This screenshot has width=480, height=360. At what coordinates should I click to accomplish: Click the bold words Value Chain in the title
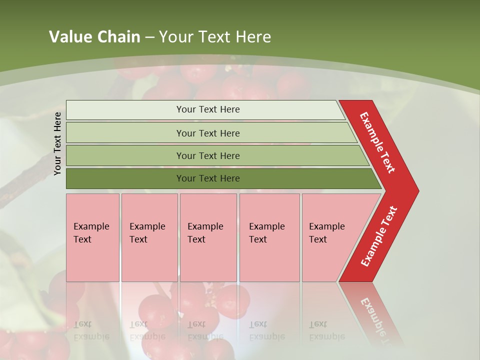click(x=94, y=36)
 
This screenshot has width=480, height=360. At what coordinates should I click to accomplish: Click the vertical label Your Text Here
click(x=57, y=143)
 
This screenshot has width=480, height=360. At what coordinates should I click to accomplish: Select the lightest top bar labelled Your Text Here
click(x=207, y=109)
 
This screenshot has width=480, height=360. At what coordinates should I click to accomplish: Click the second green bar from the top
click(x=207, y=133)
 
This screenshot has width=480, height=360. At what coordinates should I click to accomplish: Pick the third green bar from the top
click(x=207, y=155)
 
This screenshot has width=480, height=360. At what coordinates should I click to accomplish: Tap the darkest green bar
click(x=207, y=178)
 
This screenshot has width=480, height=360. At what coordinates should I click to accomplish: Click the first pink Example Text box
click(x=92, y=237)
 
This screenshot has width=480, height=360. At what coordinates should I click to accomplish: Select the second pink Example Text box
click(x=149, y=237)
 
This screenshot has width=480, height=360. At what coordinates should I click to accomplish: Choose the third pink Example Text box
click(x=208, y=237)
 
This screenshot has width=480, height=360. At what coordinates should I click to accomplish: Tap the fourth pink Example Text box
click(x=269, y=237)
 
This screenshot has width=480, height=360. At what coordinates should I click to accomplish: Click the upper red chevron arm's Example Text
click(x=377, y=142)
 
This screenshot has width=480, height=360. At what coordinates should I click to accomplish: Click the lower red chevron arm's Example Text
click(x=379, y=236)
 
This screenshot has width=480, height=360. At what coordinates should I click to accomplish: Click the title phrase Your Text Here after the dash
click(x=215, y=36)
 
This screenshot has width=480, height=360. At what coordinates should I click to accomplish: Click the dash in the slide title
click(x=149, y=37)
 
